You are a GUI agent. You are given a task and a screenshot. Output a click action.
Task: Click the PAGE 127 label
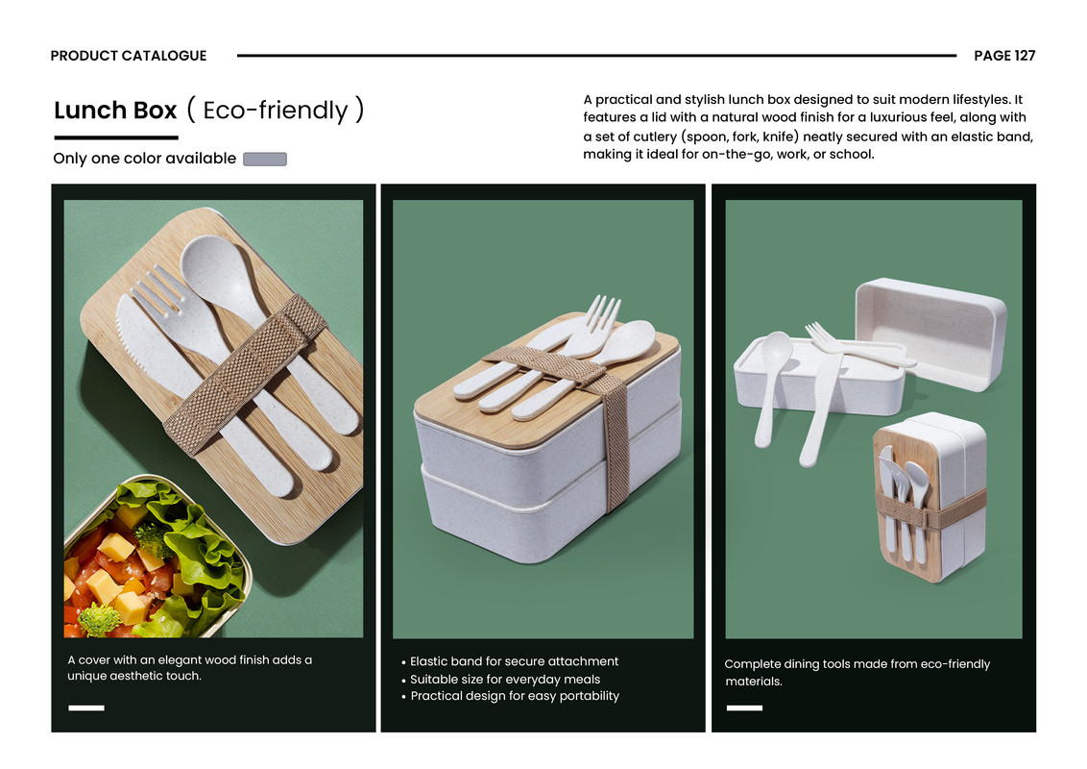[x=1003, y=56]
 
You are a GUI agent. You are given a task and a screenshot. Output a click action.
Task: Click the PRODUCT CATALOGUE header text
[x=129, y=56]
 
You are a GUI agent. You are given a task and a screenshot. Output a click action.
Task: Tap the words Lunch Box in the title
[x=115, y=111]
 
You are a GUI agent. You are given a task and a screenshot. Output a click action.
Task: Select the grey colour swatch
[x=265, y=159]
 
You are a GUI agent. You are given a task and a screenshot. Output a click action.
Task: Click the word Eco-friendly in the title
[x=276, y=111]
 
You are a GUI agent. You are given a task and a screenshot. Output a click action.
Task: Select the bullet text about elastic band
[x=514, y=661]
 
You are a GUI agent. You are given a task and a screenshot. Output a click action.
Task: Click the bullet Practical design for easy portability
[x=515, y=695]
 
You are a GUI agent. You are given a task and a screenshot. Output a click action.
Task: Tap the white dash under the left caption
[x=86, y=707]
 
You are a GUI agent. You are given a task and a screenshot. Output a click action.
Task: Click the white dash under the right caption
[x=744, y=707]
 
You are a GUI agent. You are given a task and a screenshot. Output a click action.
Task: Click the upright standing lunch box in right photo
[x=930, y=497]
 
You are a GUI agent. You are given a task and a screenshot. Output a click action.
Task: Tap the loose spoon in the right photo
[x=772, y=387]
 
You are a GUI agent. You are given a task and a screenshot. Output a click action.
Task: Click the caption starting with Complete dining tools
[x=858, y=673]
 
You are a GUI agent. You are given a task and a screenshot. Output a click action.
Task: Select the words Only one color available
[x=145, y=159]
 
